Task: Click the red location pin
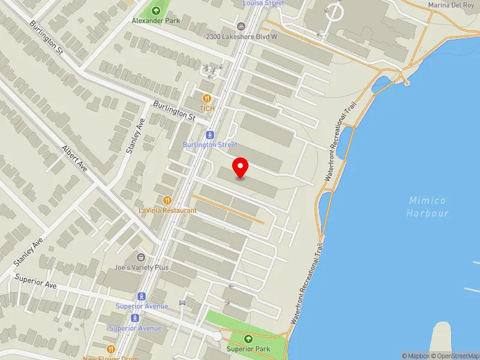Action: point(241,167)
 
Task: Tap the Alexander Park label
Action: point(156,20)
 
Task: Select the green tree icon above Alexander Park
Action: point(156,10)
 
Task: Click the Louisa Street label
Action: point(263,3)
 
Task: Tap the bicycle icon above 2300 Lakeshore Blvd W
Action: point(241,26)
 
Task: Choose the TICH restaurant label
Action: point(207,109)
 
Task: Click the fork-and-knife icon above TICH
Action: point(207,98)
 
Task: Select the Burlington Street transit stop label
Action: point(210,145)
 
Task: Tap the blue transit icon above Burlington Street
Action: point(210,135)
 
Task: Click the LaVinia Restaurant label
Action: point(167,211)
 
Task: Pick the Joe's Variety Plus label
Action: point(142,268)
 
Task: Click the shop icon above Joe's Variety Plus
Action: point(142,257)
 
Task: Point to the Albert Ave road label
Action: point(75,158)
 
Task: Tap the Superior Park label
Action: point(248,349)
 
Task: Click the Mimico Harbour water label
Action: point(427,206)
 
